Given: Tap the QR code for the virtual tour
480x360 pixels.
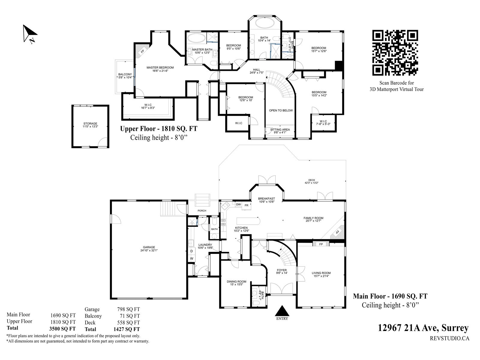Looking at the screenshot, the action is click(x=395, y=53).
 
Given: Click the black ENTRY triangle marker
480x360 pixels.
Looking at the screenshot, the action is click(x=282, y=311).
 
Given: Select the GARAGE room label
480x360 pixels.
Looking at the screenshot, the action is click(x=149, y=247).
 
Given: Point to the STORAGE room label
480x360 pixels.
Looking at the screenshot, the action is click(x=90, y=124).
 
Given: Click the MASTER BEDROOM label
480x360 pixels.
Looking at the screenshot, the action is click(x=160, y=67).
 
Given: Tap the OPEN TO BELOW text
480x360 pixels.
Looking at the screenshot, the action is click(x=281, y=110).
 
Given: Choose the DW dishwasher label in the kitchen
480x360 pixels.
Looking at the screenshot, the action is click(x=238, y=205).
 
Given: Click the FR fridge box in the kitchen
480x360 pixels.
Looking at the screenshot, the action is click(x=247, y=205).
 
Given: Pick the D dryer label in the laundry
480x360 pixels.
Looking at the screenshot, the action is click(x=192, y=251).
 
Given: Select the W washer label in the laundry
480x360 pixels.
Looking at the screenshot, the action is click(x=192, y=259).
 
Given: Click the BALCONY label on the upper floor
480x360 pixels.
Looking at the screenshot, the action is click(x=125, y=74).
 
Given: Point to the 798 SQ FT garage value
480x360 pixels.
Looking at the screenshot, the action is click(x=128, y=309).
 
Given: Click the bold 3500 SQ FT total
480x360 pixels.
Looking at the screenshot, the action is click(x=62, y=329).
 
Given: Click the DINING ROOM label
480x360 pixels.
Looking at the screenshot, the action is click(x=236, y=281).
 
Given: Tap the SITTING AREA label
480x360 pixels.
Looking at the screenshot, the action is click(x=280, y=130).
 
